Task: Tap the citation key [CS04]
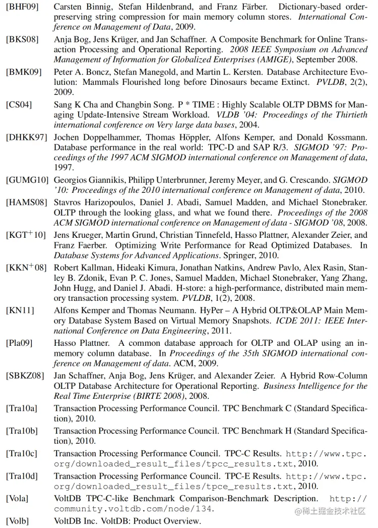[19, 105]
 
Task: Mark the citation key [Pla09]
[19, 343]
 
